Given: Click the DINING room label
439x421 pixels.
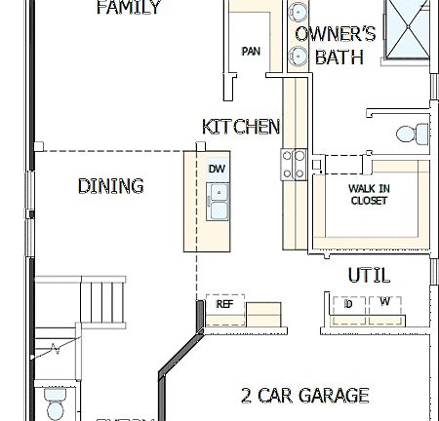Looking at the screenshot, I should click(110, 185).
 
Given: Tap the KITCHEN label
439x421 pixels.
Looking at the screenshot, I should click(241, 127).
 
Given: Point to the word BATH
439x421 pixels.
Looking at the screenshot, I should click(339, 58).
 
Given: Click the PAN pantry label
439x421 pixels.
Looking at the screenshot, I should click(251, 52).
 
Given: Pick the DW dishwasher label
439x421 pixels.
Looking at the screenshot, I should click(217, 169).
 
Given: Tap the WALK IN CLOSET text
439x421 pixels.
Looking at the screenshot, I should click(368, 195).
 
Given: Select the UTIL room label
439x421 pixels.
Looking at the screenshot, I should click(369, 276).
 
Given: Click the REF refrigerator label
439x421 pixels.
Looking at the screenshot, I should click(223, 305).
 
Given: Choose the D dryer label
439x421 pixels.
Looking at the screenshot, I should click(348, 303).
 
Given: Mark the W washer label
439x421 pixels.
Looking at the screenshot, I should click(385, 302).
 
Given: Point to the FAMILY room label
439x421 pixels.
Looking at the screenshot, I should click(129, 9).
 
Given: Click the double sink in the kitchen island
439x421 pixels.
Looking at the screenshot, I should click(218, 205).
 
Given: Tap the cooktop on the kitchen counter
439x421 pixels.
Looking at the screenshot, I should click(294, 161).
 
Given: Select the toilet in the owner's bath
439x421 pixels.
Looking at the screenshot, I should click(412, 134).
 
